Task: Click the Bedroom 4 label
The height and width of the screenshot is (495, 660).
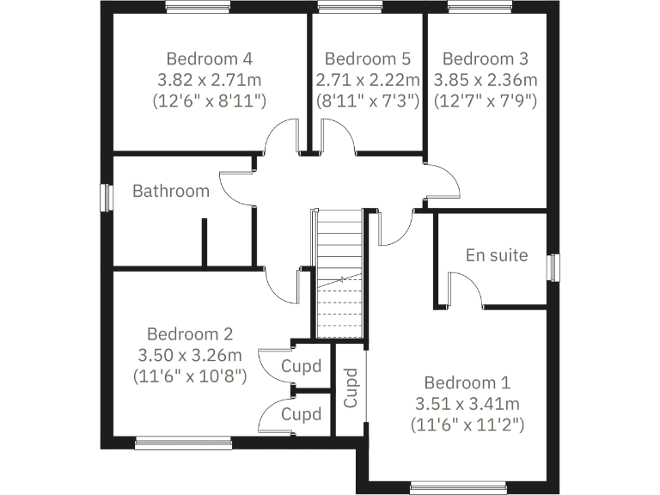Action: tap(210, 59)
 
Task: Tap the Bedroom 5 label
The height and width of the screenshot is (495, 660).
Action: tap(367, 59)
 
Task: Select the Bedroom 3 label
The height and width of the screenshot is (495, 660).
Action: tap(486, 59)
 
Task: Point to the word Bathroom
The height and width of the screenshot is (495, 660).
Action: tap(171, 191)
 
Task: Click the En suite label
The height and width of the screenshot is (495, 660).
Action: tap(497, 255)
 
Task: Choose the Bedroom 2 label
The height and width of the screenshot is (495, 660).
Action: tap(190, 334)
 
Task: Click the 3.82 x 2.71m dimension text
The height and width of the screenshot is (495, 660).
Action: tap(210, 80)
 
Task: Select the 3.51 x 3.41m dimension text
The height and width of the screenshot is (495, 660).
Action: tap(467, 403)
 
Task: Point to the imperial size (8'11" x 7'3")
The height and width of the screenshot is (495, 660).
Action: tap(367, 101)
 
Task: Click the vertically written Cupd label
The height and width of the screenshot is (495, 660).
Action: tap(351, 388)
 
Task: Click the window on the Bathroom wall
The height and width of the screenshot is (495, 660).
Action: tap(107, 197)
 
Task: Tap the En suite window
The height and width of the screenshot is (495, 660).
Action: tap(553, 267)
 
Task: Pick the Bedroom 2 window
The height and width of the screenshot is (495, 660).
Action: tap(183, 443)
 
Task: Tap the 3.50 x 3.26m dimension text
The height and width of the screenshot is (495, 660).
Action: tap(190, 355)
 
